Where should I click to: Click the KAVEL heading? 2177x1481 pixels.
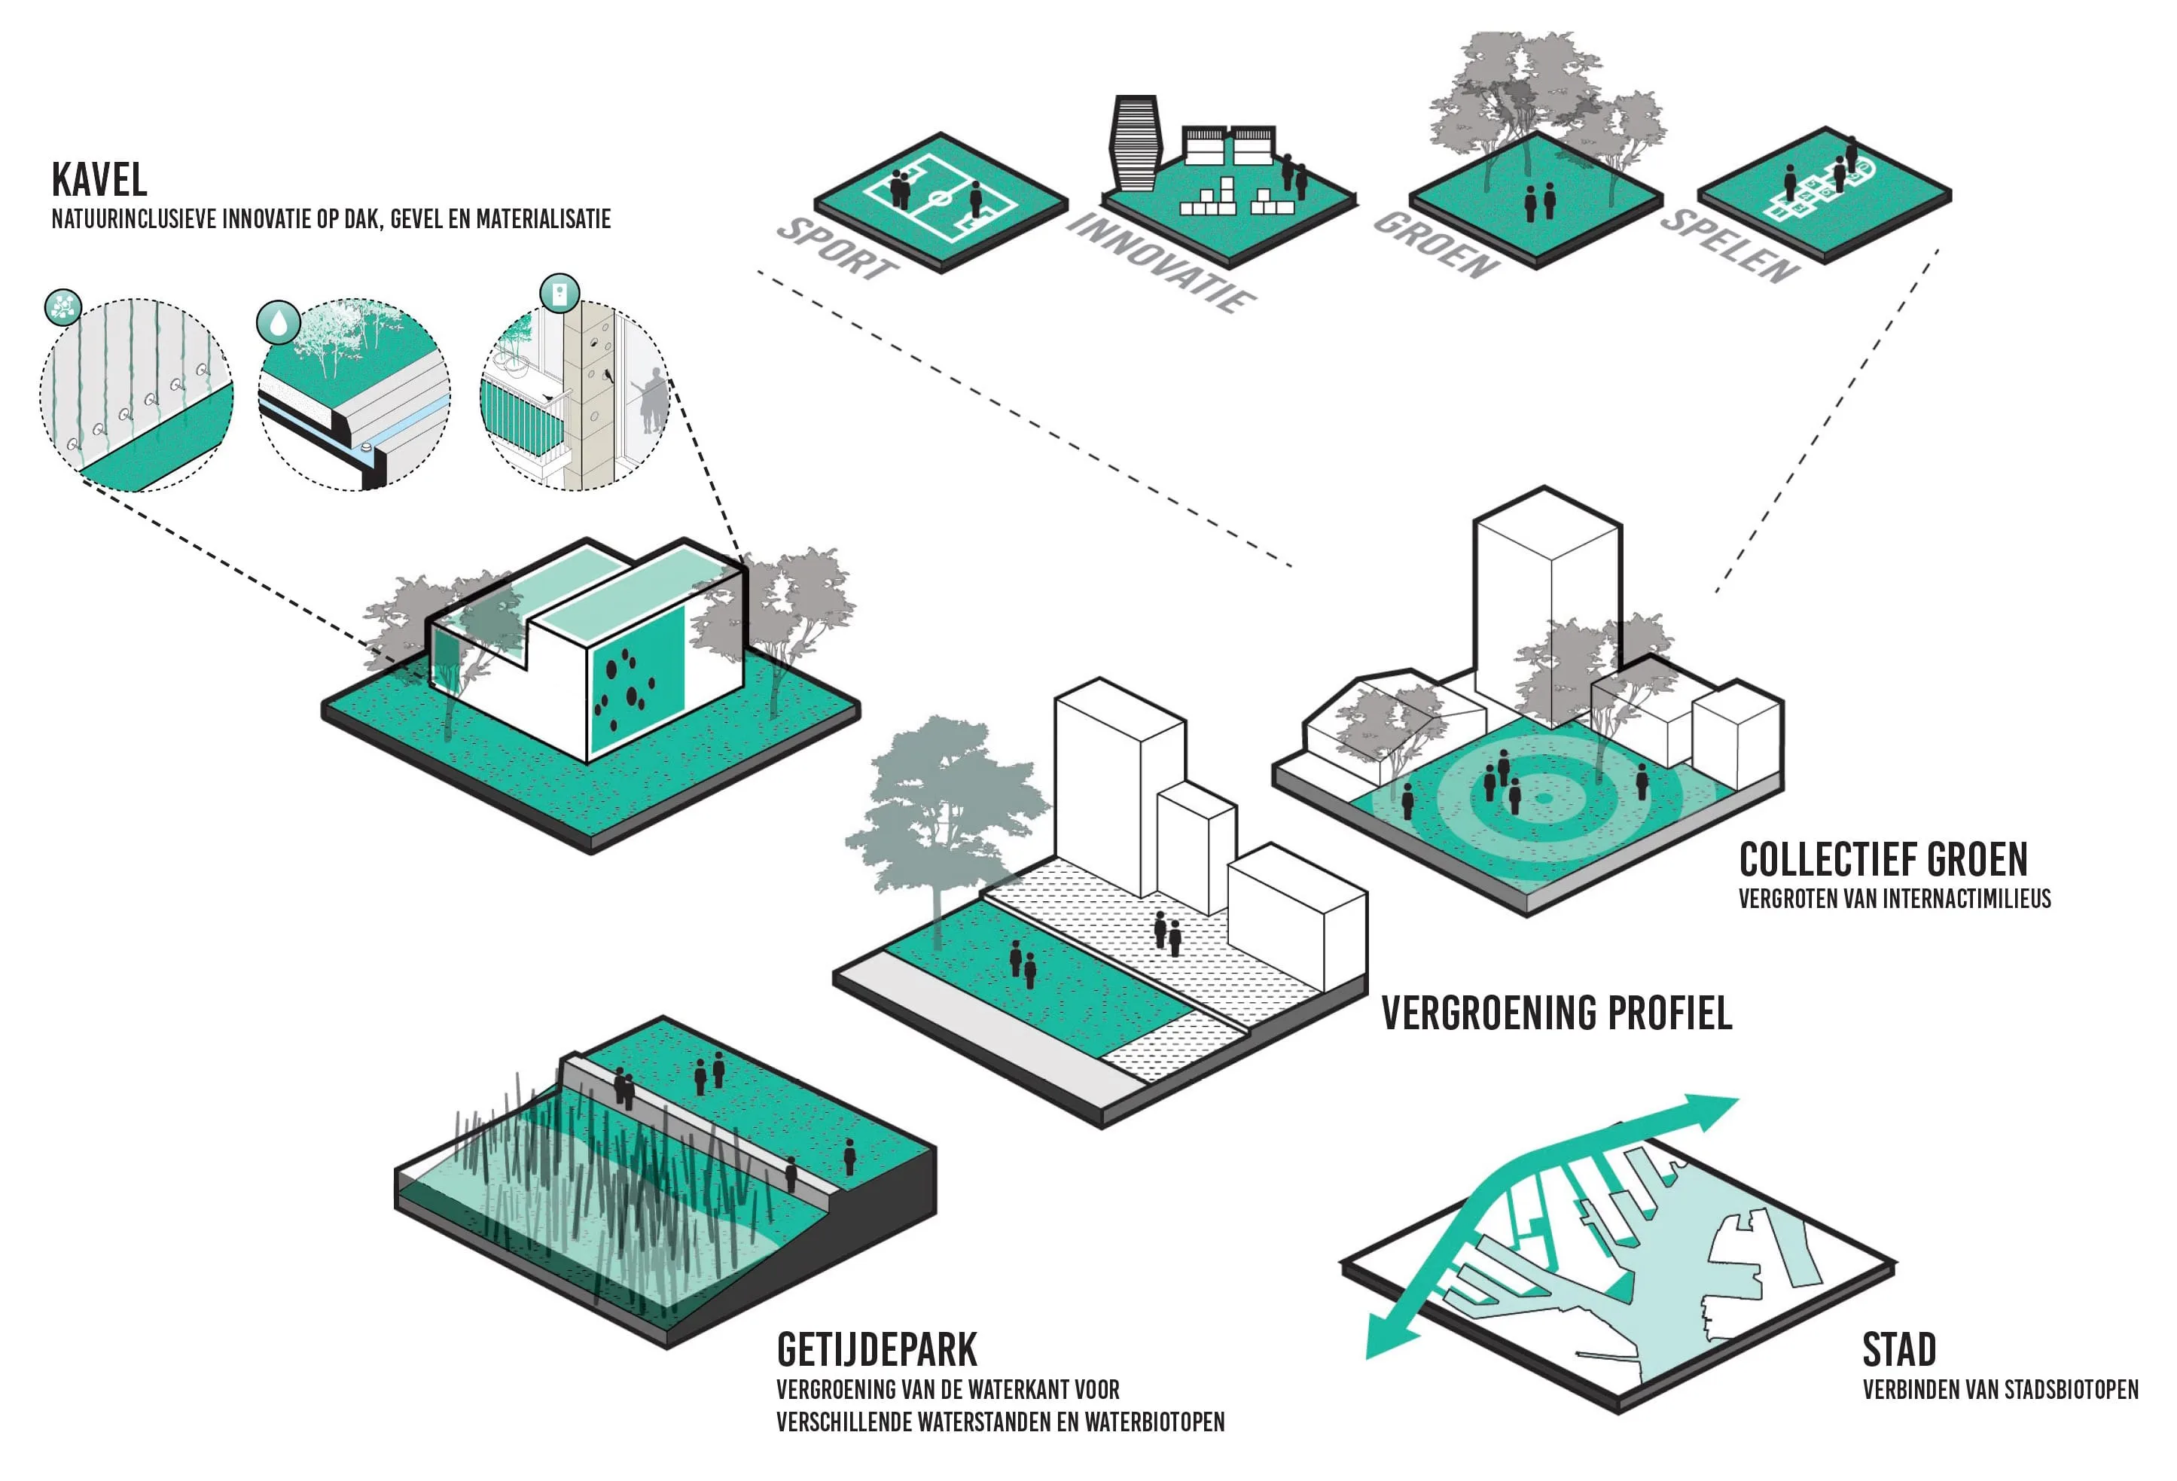pos(99,179)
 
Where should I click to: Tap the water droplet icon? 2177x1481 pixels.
pos(278,322)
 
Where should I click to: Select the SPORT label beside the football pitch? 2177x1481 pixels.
pos(837,248)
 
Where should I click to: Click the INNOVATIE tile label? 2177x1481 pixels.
pos(1162,261)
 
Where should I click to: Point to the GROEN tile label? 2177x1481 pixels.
pos(1436,245)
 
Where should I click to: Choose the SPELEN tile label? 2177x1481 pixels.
pos(1730,245)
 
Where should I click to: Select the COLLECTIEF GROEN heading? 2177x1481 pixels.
pos(1883,859)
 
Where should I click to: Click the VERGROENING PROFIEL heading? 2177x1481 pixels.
pos(1557,1013)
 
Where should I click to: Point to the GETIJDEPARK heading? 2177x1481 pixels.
pos(877,1350)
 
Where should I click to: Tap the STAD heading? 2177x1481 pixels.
pos(1899,1350)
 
